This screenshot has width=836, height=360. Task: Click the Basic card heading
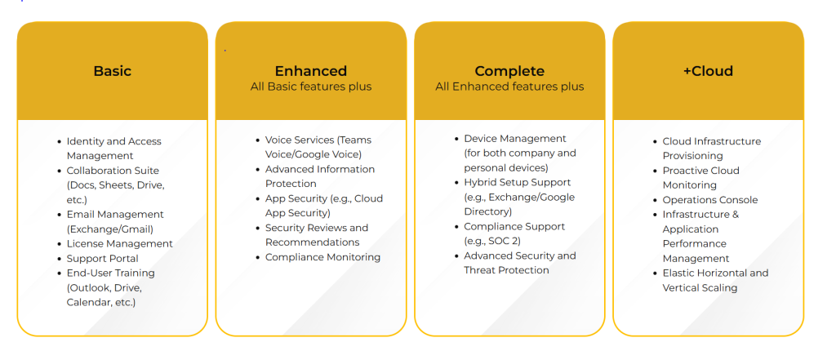coord(112,71)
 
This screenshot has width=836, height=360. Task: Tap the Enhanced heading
coord(310,71)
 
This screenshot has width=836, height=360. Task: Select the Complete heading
coord(509,71)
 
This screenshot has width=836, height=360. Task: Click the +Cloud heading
coord(708,71)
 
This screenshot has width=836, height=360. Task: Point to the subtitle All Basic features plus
coord(310,87)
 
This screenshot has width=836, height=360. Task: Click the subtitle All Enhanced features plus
coord(509,87)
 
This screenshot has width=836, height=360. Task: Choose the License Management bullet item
coord(119,243)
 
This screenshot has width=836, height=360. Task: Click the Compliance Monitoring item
coord(322,257)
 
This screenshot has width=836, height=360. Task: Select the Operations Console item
coord(709,200)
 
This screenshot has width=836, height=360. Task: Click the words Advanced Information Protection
coord(319,176)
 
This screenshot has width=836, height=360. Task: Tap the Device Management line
coord(514,139)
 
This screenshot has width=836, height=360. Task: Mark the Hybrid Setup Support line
coord(517,183)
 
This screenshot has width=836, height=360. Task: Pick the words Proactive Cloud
coord(700,171)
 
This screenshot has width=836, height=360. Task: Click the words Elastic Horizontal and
coord(715,273)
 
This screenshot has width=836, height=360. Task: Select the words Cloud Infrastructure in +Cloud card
coord(711,141)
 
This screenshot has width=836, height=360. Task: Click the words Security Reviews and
coord(316,228)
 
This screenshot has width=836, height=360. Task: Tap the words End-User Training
coord(110,273)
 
